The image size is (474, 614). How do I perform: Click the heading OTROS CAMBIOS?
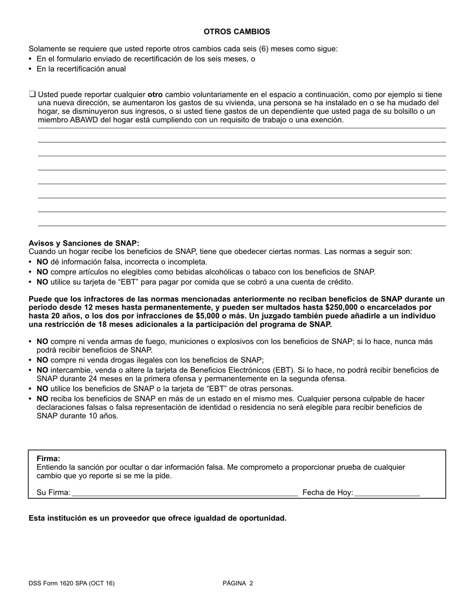(x=237, y=31)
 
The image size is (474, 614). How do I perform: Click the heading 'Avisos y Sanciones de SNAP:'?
(x=84, y=243)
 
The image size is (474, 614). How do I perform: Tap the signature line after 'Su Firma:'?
(x=185, y=493)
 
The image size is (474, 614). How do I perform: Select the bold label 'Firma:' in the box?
(x=48, y=458)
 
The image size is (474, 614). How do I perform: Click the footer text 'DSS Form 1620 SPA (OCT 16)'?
(x=71, y=583)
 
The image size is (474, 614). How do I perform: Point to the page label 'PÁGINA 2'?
(x=238, y=583)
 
